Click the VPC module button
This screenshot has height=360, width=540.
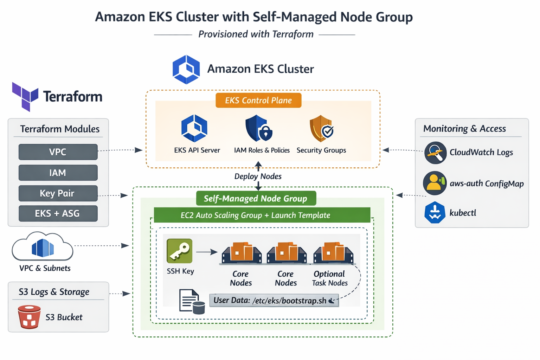click(58, 152)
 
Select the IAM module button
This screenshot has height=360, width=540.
click(58, 173)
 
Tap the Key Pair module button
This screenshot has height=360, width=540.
click(58, 193)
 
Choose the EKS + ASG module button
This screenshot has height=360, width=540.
click(58, 213)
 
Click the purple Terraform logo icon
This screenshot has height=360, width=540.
click(25, 96)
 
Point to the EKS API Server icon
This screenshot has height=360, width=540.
click(194, 128)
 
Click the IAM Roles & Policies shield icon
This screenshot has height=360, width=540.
click(259, 128)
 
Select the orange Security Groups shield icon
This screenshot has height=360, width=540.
click(321, 128)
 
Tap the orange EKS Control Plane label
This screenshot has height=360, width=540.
click(258, 101)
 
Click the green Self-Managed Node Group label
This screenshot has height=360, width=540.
click(256, 198)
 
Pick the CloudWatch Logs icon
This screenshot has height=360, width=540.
click(435, 153)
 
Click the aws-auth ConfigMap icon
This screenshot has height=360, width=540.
click(435, 183)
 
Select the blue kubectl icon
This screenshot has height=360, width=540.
click(435, 213)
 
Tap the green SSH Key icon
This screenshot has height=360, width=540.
click(180, 251)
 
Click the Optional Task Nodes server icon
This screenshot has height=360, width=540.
click(333, 253)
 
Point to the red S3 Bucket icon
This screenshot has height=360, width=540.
click(29, 317)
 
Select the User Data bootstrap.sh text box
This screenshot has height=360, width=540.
click(274, 301)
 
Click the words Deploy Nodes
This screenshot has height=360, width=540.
click(258, 176)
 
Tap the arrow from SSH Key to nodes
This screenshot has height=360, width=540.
click(207, 252)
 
